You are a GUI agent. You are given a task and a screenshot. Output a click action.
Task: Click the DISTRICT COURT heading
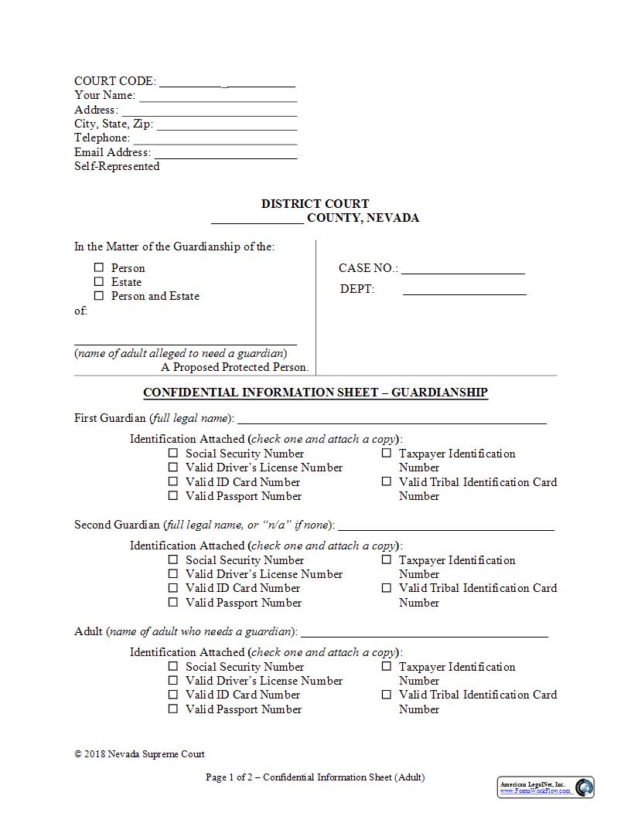pyautogui.click(x=315, y=204)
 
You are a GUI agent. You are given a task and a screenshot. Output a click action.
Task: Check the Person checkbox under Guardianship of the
pyautogui.click(x=98, y=267)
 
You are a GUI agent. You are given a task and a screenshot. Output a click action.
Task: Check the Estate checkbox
pyautogui.click(x=98, y=281)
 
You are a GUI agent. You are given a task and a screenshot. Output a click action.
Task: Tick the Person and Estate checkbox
pyautogui.click(x=98, y=295)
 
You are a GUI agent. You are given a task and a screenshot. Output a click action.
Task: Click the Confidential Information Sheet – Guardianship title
pyautogui.click(x=315, y=393)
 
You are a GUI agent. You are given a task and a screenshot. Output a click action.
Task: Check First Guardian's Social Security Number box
pyautogui.click(x=173, y=454)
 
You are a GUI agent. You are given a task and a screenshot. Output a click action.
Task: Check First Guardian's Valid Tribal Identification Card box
pyautogui.click(x=387, y=481)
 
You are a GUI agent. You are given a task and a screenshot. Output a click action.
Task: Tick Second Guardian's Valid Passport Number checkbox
pyautogui.click(x=173, y=602)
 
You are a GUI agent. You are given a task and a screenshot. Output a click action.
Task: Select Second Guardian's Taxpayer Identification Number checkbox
pyautogui.click(x=387, y=560)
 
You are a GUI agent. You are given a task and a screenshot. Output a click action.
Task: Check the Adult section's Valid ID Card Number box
pyautogui.click(x=173, y=694)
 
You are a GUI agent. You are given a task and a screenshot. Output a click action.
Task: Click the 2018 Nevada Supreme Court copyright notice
pyautogui.click(x=139, y=754)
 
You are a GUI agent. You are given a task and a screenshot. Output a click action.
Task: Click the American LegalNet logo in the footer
pyautogui.click(x=545, y=787)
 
